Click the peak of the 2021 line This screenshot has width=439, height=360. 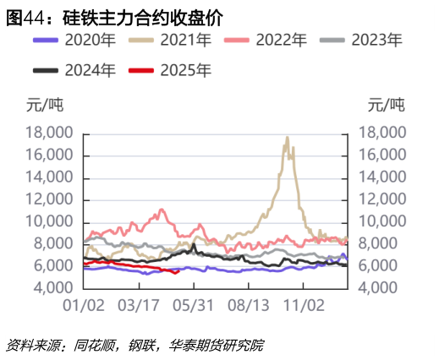(x=288, y=138)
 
